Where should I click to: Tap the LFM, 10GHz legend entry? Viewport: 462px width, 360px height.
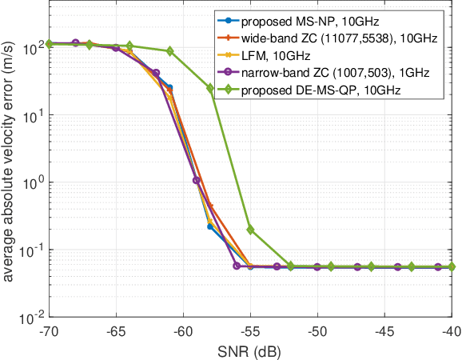point(272,57)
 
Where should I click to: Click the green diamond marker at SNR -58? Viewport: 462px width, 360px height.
point(210,88)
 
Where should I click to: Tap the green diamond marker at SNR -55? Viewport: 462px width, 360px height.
point(250,230)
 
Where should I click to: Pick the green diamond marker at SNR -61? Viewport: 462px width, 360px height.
point(169,51)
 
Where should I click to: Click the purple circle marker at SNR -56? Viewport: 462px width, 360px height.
point(237,266)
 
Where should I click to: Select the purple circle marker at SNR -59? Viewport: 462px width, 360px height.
point(197,180)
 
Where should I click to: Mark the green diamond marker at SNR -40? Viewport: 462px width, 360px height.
point(452,266)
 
